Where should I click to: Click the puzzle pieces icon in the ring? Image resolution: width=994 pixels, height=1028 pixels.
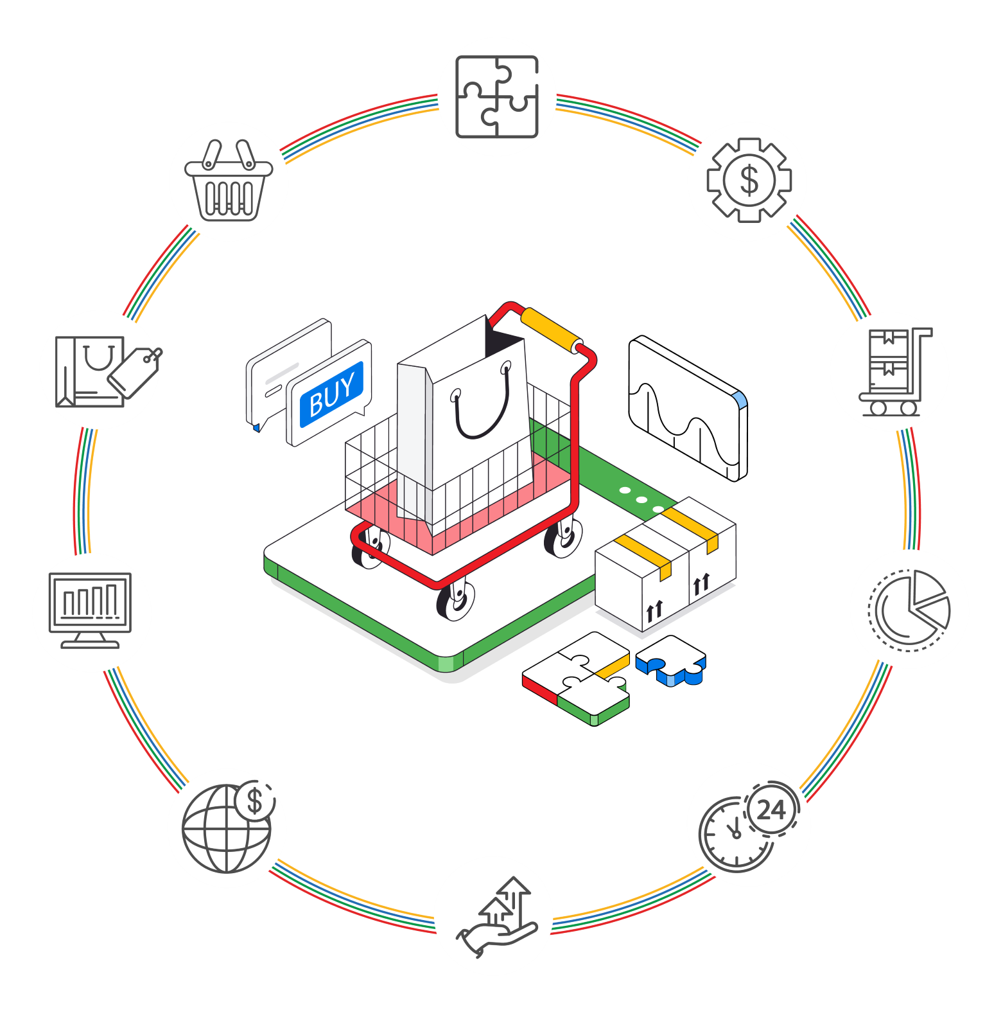coord(496,96)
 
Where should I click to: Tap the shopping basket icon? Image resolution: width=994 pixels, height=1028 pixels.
coord(229,182)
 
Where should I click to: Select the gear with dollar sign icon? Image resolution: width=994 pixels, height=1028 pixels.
coord(747,181)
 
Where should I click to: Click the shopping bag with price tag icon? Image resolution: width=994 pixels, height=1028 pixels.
coord(100,370)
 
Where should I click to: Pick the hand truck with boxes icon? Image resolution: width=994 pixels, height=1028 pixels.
coord(890,371)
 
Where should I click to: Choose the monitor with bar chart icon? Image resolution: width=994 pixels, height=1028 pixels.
coord(91,612)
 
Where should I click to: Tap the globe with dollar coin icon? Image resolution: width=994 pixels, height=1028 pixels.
coord(227,828)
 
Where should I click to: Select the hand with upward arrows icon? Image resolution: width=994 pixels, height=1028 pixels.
coord(494,916)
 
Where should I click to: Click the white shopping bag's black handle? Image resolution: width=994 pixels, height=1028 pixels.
coord(482,418)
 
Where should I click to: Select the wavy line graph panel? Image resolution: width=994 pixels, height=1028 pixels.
coord(687,409)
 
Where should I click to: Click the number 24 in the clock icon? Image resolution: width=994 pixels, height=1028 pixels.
coord(771,810)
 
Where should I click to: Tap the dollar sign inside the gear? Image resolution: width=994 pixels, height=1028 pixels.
coord(749,180)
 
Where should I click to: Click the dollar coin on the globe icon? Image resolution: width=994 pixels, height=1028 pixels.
coord(255,801)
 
